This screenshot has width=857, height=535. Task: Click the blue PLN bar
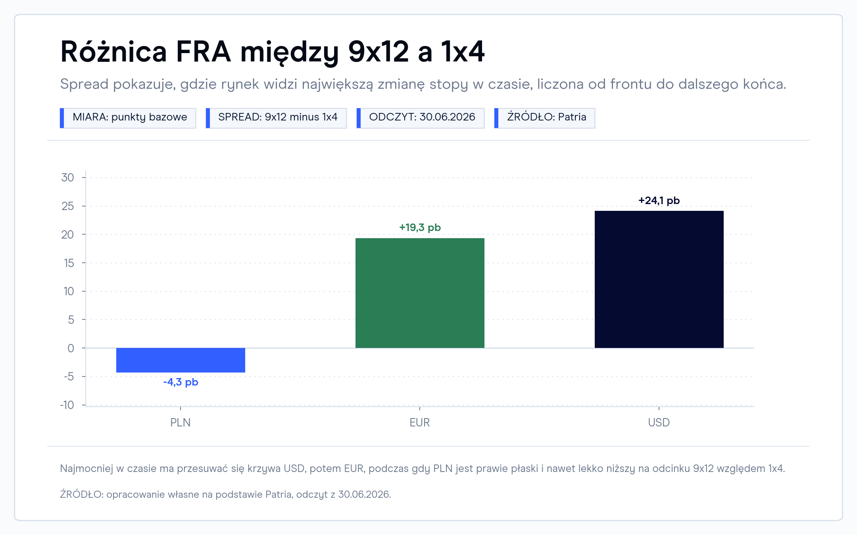tap(181, 360)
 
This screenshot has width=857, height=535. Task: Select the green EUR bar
tap(420, 293)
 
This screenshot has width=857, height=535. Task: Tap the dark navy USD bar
tap(659, 279)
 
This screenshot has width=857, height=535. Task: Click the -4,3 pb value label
tap(181, 382)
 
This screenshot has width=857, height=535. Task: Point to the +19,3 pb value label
tap(420, 228)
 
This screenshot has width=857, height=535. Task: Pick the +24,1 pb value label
tap(659, 201)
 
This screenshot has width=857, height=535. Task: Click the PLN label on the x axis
tap(181, 422)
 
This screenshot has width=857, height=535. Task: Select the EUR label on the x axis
tap(420, 422)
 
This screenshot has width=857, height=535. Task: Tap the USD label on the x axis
tap(659, 422)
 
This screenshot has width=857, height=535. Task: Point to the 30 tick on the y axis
tap(68, 178)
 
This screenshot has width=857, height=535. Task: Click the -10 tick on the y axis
tap(67, 405)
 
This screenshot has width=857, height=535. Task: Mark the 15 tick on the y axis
tap(69, 263)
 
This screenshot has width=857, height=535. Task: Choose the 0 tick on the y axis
tap(71, 348)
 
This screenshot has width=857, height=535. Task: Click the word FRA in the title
tap(203, 52)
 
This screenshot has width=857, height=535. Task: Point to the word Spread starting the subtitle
tap(84, 84)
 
